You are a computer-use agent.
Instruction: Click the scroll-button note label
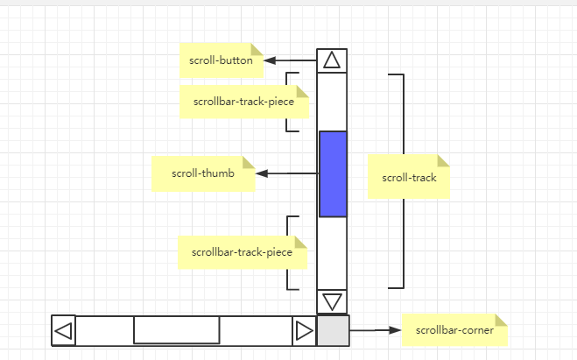tap(221, 60)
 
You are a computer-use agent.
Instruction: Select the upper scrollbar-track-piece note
tap(244, 102)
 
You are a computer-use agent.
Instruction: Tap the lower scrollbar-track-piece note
tap(242, 252)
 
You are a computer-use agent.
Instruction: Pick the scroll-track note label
tap(408, 177)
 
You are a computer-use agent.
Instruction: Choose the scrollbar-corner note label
tap(454, 330)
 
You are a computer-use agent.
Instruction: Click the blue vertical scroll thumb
tap(333, 173)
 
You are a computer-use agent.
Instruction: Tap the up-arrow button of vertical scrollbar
tap(332, 60)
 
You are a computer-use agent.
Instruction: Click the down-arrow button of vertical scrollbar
tap(332, 301)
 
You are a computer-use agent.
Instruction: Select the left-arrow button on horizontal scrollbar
tap(63, 331)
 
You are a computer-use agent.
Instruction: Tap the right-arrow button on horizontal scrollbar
tap(304, 331)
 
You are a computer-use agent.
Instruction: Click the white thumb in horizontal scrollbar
tap(176, 330)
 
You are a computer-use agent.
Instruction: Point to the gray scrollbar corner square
tap(333, 331)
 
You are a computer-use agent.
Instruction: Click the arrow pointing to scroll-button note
tap(289, 60)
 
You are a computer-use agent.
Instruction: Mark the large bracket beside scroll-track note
tap(403, 180)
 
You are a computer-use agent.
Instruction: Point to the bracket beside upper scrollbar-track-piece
tap(287, 102)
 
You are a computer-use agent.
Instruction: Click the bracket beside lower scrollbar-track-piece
tap(287, 252)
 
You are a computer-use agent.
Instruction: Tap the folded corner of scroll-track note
tap(442, 160)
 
